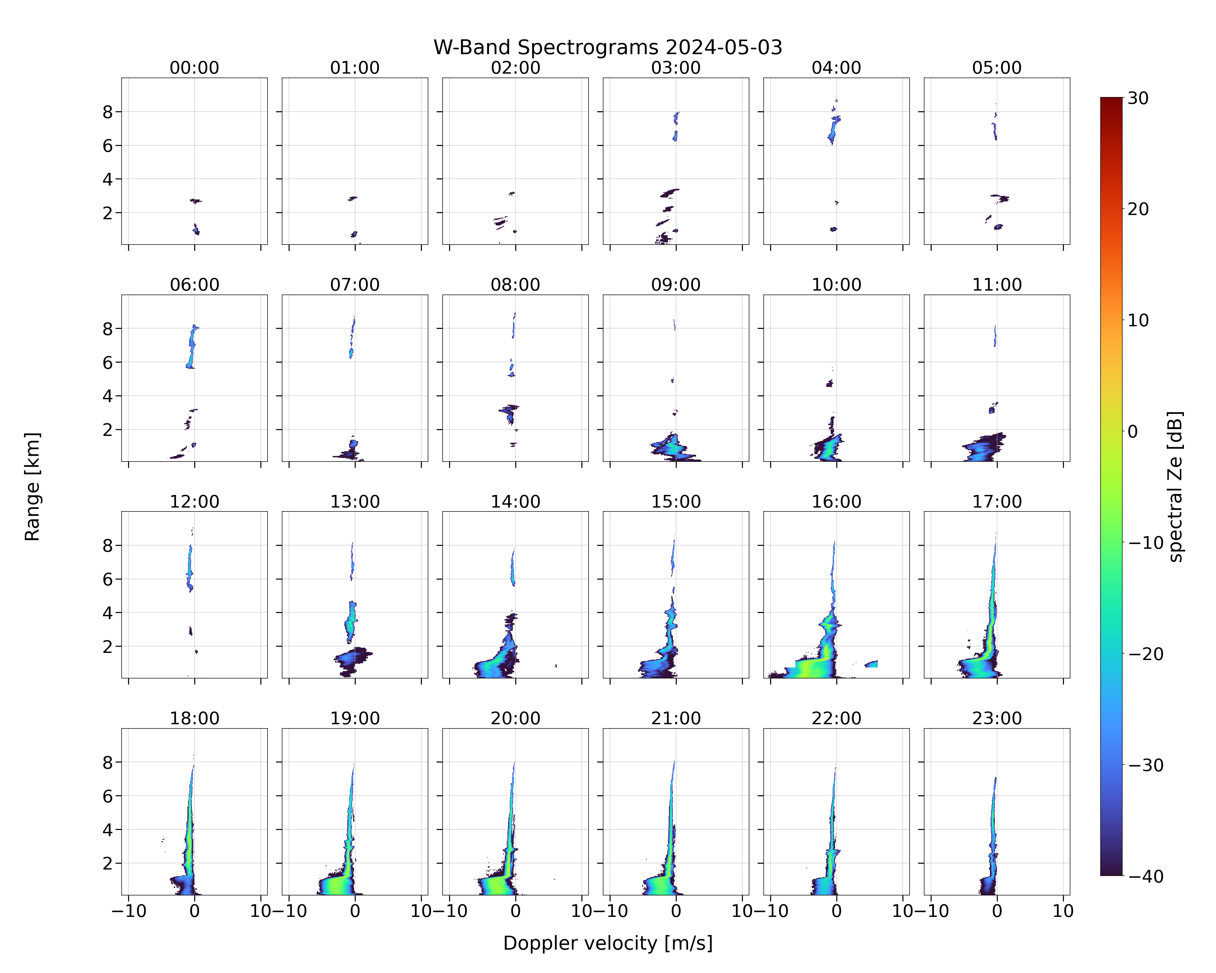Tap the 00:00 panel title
[x=195, y=68]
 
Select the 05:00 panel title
[x=996, y=68]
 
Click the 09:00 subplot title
[x=676, y=285]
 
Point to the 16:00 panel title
[x=836, y=501]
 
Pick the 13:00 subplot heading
[x=355, y=501]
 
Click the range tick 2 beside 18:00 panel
[x=108, y=863]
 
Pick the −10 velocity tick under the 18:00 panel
[x=129, y=911]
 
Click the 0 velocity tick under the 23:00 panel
[x=996, y=911]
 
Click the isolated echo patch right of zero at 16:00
[x=871, y=664]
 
